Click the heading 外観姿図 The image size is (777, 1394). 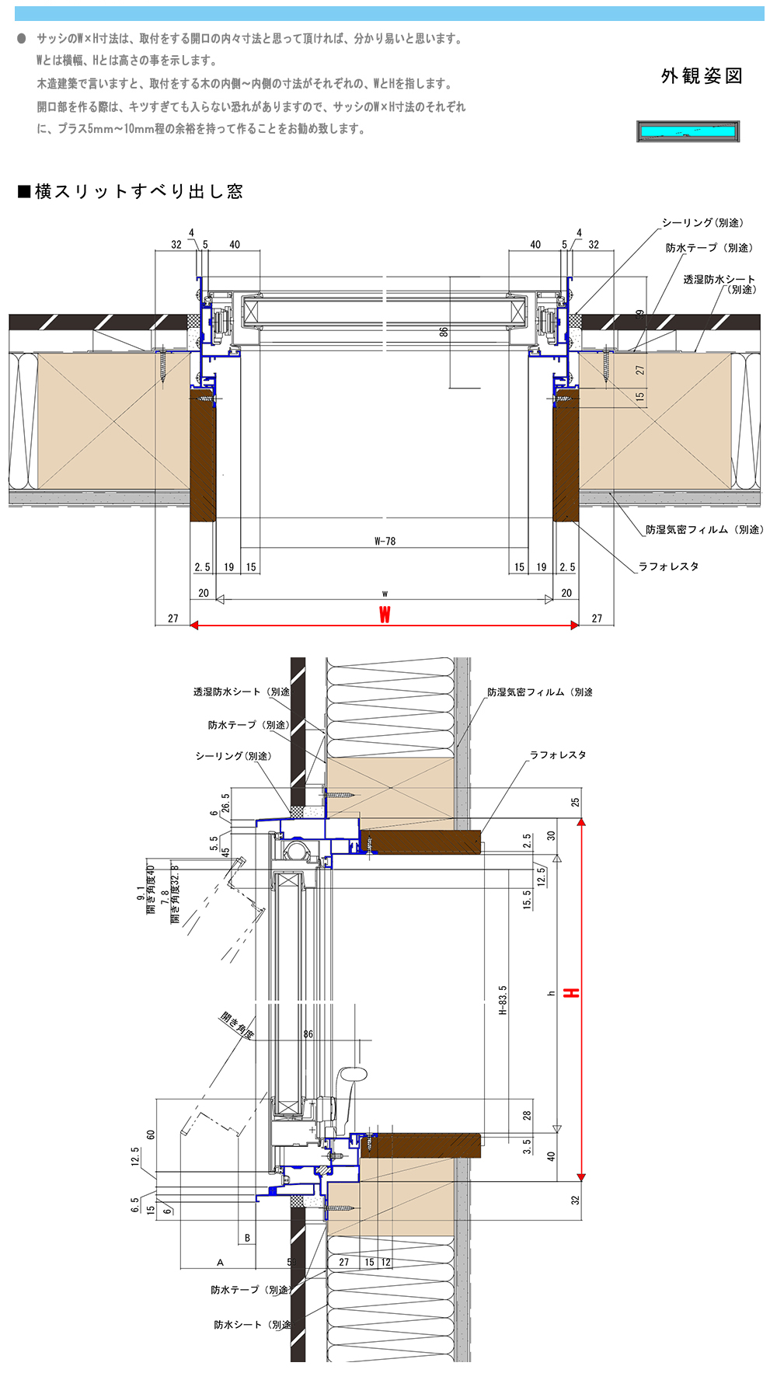click(x=702, y=76)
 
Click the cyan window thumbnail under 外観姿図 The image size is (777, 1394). click(x=688, y=131)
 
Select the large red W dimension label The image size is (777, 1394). click(x=385, y=615)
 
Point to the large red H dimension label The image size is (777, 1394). click(x=571, y=993)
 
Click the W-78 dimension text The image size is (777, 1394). click(x=385, y=541)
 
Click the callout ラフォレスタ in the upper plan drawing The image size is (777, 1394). click(x=668, y=566)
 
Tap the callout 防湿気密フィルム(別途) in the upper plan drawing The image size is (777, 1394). click(x=704, y=529)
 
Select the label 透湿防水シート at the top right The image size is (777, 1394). click(x=719, y=279)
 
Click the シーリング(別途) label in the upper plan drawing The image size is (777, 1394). click(x=702, y=223)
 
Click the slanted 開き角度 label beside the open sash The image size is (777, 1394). click(x=238, y=1025)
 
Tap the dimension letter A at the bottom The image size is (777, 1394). click(x=220, y=1263)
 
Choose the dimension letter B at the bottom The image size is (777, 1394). click(x=247, y=1238)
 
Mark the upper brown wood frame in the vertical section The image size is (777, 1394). click(x=420, y=842)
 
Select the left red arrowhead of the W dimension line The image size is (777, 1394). click(x=194, y=625)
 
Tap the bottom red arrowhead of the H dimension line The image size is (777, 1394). click(x=581, y=1177)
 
